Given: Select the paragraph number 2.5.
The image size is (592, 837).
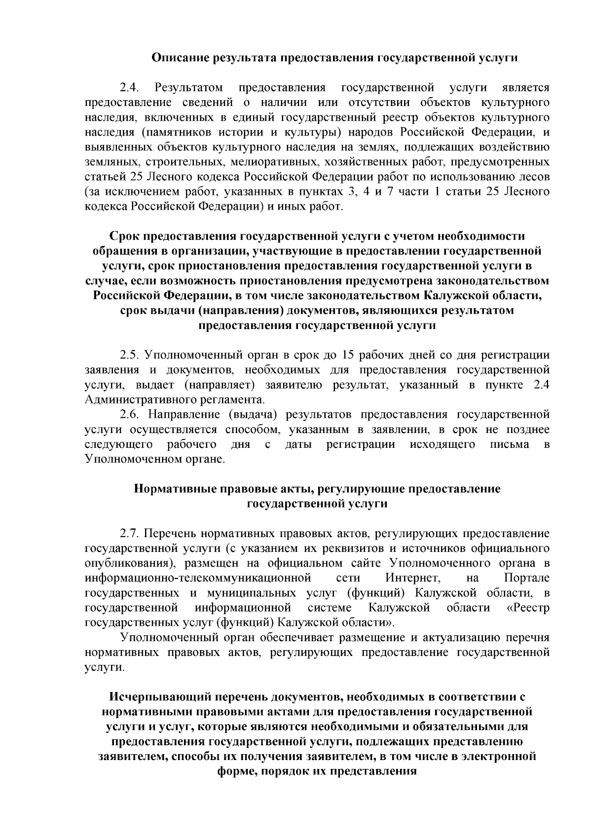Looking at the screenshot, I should [130, 355].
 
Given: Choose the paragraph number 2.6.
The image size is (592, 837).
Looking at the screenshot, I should [130, 414].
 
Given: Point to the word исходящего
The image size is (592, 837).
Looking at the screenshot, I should [443, 444].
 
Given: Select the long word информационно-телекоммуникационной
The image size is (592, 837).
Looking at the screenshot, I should [198, 578].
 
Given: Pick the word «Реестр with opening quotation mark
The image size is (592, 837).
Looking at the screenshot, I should [528, 607].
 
